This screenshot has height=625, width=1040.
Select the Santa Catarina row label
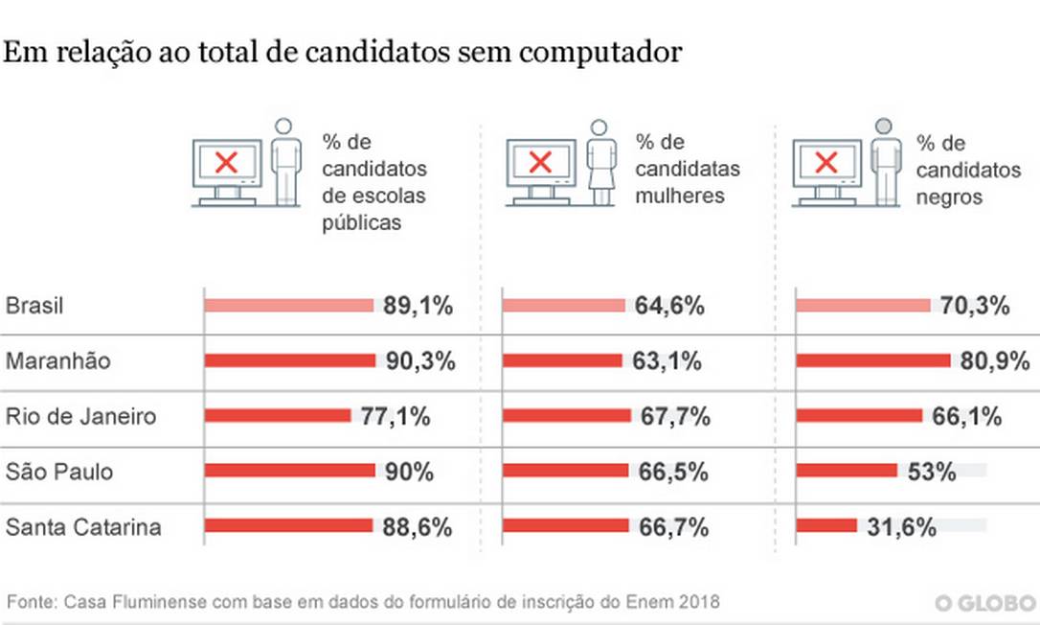83,527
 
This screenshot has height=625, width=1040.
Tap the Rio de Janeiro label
80,417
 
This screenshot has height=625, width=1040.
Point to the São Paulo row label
59,472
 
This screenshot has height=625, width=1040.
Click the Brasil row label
34,307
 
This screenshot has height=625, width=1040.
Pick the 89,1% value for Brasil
418,307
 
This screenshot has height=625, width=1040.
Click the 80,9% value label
994,361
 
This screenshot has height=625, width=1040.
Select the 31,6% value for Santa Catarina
900,527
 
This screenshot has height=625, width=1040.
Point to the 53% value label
931,472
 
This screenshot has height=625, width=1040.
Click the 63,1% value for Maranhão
667,361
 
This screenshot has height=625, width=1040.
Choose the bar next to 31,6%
826,526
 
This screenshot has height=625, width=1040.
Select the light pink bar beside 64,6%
564,306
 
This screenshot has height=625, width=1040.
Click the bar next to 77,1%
278,416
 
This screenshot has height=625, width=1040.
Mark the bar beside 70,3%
863,306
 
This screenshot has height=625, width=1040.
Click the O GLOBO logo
985,603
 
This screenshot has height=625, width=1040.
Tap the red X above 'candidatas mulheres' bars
540,162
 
